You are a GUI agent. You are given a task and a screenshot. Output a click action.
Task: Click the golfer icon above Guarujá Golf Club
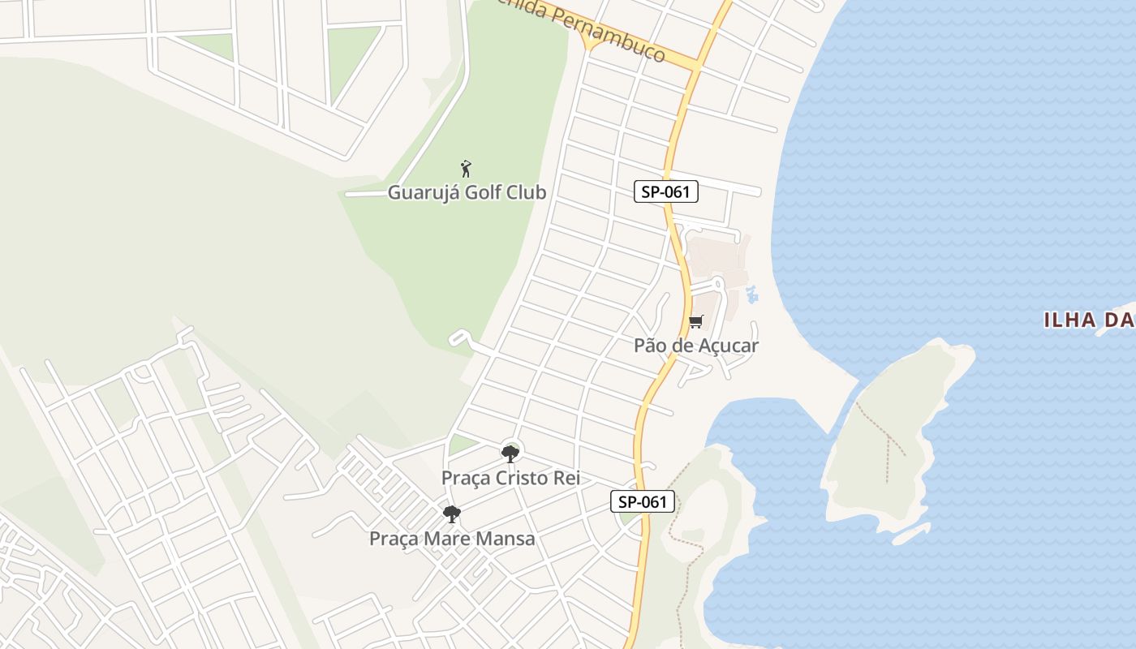coord(466,169)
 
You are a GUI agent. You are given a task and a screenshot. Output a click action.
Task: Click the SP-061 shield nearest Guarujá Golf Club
coord(665,192)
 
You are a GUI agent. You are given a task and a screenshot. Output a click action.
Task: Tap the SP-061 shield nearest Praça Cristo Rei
coord(643,502)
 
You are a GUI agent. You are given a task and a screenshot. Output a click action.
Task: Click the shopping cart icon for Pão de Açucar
coord(695,322)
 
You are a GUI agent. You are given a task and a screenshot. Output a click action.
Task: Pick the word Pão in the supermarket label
coord(649,346)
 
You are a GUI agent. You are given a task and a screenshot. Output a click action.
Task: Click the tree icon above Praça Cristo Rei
coord(510,453)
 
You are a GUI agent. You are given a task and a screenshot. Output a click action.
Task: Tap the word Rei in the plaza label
coord(566,479)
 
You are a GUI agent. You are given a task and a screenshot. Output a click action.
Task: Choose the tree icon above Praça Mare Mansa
coord(452,514)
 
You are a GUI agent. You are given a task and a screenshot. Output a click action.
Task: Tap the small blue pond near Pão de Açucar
coord(751,294)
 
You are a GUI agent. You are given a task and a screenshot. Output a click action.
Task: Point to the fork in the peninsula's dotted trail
coord(888,439)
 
